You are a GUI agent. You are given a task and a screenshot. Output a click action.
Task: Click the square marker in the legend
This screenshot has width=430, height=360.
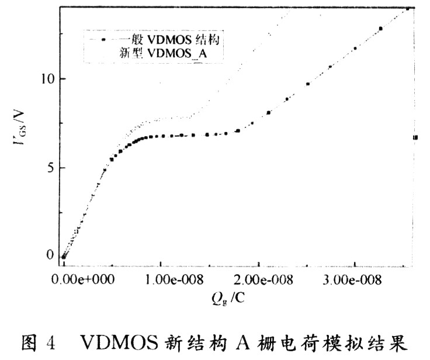click(104, 40)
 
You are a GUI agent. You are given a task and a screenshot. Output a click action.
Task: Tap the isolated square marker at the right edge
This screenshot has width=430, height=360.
click(415, 137)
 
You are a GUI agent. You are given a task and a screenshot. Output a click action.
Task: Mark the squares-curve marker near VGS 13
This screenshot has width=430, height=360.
click(380, 29)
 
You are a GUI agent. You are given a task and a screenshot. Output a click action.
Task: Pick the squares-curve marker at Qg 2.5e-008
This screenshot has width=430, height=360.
click(308, 84)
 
